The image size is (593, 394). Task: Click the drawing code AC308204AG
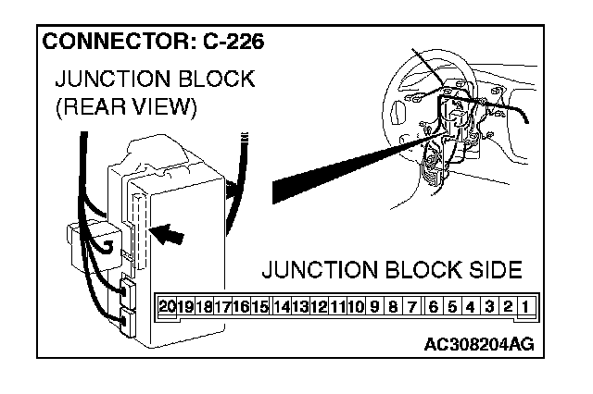click(478, 344)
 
